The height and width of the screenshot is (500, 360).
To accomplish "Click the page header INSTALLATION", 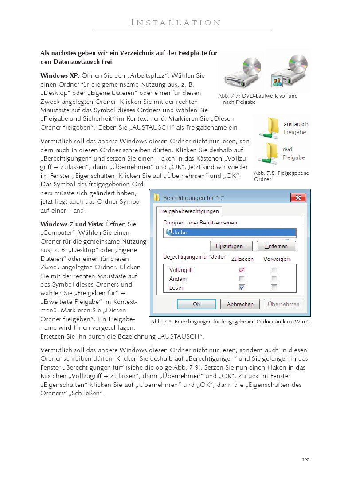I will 182,23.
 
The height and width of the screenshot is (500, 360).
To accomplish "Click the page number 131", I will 306,459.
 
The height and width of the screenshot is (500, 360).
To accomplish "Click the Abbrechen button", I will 240,304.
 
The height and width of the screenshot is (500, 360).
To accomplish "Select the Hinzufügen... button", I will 231,246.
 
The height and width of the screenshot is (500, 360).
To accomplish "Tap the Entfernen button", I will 276,246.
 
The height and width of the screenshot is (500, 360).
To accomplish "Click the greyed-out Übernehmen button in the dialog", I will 284,304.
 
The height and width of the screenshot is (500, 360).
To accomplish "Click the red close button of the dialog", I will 298,197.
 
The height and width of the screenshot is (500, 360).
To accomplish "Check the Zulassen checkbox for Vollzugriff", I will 242,270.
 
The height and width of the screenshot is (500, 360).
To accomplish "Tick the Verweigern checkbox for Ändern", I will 274,279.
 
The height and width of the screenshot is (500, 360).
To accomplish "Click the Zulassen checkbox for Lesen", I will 242,288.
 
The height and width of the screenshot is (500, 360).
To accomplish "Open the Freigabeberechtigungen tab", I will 190,211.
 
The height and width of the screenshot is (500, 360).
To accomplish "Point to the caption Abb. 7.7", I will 258,99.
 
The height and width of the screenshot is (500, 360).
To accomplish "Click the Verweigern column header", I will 277,259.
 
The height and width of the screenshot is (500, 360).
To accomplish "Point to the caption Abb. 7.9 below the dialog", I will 230,322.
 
